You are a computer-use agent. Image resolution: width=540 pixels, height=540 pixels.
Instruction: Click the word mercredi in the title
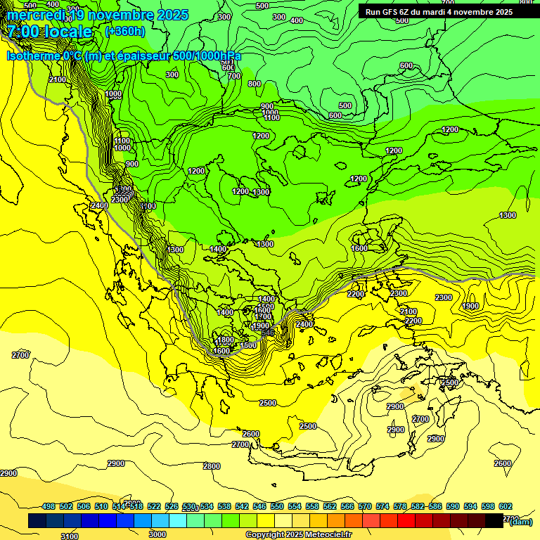[35, 15]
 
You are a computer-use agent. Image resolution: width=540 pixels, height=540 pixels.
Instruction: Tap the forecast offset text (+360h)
[125, 31]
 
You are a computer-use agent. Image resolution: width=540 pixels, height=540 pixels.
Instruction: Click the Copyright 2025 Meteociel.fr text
[299, 535]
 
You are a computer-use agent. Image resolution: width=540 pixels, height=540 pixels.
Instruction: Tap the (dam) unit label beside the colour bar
[520, 521]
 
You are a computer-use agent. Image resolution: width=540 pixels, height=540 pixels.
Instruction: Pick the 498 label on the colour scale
[49, 506]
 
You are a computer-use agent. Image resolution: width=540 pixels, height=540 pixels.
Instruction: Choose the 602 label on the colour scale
[506, 506]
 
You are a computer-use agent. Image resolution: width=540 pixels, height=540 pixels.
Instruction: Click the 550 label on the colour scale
[277, 506]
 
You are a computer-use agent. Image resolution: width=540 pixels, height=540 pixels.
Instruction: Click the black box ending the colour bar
[494, 521]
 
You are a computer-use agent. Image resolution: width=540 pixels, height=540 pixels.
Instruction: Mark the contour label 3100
[70, 536]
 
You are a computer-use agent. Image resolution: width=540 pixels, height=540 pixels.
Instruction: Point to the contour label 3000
[157, 534]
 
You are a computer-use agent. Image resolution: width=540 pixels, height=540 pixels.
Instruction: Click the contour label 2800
[212, 466]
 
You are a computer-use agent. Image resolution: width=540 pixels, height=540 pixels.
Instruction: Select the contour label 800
[255, 84]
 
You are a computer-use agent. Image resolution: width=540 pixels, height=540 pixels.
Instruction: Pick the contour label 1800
[225, 340]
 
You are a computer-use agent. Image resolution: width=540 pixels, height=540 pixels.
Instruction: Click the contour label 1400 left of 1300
[218, 249]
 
